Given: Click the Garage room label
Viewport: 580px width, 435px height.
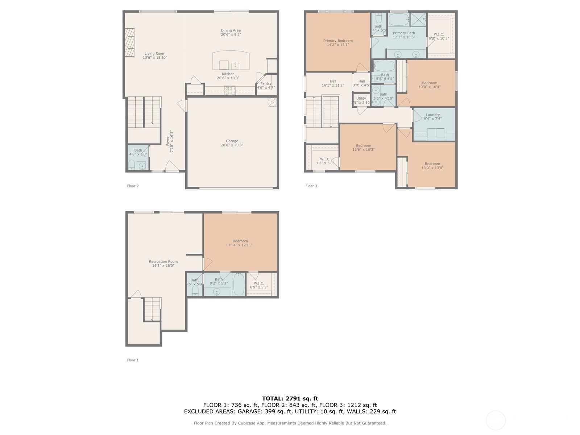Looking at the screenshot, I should pyautogui.click(x=232, y=141).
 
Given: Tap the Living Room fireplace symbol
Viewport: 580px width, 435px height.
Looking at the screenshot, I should pyautogui.click(x=130, y=42).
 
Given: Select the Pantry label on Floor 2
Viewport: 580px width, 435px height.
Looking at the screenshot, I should pyautogui.click(x=266, y=84).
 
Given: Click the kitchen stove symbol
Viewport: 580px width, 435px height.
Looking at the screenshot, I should pyautogui.click(x=229, y=90).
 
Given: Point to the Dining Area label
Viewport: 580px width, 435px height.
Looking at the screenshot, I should pyautogui.click(x=231, y=30).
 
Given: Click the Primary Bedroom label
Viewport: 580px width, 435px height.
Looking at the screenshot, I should pyautogui.click(x=338, y=41).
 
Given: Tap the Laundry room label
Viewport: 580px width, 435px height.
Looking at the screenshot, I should pyautogui.click(x=433, y=115).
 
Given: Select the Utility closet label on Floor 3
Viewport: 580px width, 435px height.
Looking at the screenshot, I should pyautogui.click(x=361, y=99).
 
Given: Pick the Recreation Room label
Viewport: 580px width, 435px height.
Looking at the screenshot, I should pyautogui.click(x=163, y=262).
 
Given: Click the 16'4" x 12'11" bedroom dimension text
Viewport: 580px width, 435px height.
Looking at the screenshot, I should pyautogui.click(x=240, y=245).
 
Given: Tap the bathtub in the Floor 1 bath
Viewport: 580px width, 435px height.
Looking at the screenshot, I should pyautogui.click(x=239, y=285).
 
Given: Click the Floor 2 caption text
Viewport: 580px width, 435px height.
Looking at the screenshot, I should pyautogui.click(x=133, y=186).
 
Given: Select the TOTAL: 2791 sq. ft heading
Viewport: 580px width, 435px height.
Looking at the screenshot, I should pyautogui.click(x=290, y=398).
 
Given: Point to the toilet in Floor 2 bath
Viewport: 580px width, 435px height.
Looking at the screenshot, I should pyautogui.click(x=132, y=165).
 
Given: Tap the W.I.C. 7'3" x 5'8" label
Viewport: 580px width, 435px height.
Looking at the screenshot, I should pyautogui.click(x=325, y=159).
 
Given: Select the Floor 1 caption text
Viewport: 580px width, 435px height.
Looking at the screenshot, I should pyautogui.click(x=133, y=360).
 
